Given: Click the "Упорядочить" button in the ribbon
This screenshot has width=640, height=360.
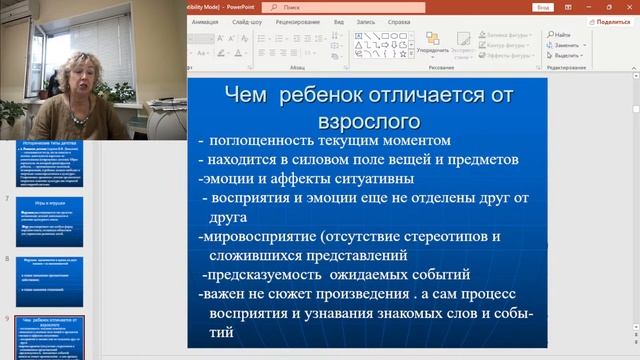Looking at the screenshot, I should (432, 49).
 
